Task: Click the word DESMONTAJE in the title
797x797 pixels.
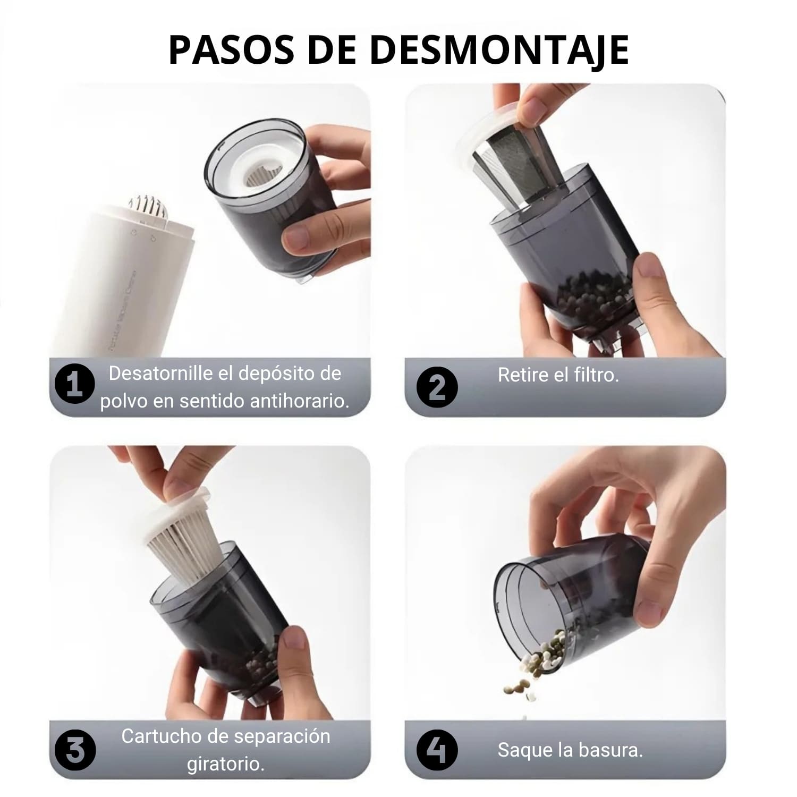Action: point(499,50)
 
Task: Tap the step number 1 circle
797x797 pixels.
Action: point(75,383)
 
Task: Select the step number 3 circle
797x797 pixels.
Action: point(75,751)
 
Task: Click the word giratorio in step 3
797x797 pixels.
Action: point(225,764)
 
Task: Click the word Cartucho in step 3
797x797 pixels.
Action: point(155,736)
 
